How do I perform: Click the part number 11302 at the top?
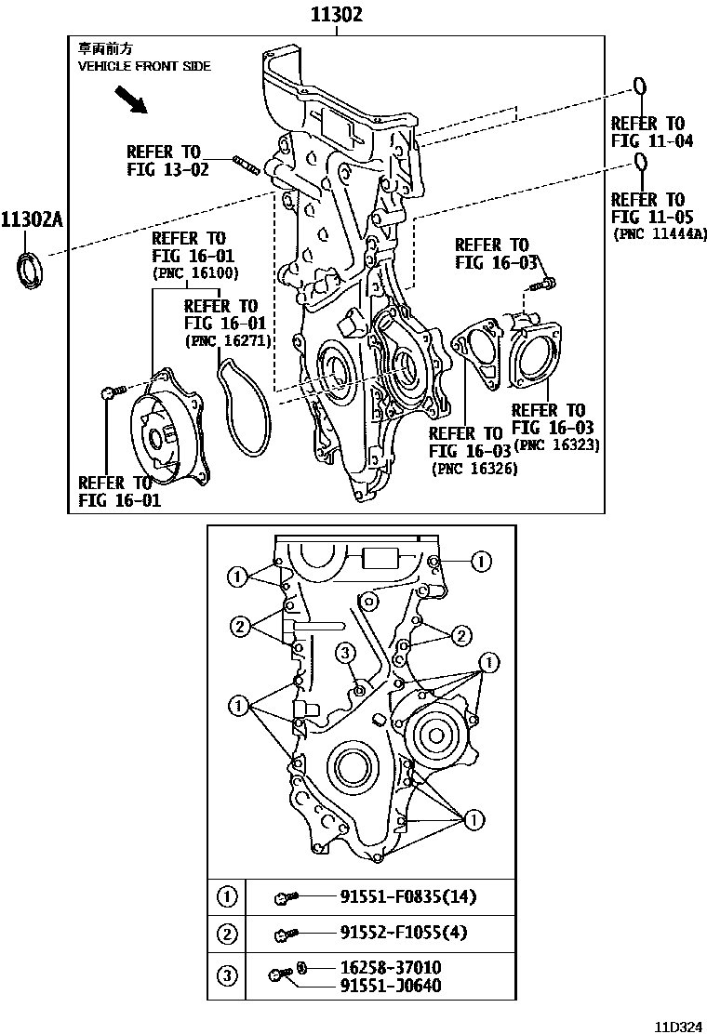pos(336,15)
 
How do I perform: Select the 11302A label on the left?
pos(31,220)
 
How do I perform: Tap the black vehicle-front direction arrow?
pos(131,99)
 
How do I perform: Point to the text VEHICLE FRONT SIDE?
pos(144,66)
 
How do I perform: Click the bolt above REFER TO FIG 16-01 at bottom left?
pos(109,393)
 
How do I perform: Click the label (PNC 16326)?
pos(474,470)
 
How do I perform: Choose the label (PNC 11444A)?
pos(659,234)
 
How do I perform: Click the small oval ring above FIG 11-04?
pos(640,88)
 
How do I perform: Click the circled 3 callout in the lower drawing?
pos(343,651)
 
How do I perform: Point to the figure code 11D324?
pos(676,1027)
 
